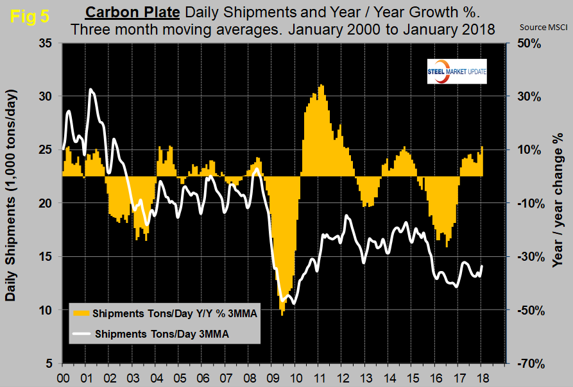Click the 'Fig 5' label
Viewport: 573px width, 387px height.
pos(30,17)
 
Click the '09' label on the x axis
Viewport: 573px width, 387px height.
pos(271,377)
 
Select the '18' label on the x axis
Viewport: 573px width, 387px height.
pos(482,377)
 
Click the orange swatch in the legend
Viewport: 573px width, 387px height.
pos(81,314)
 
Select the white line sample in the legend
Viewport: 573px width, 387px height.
pos(81,333)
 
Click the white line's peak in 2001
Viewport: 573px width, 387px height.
pos(91,89)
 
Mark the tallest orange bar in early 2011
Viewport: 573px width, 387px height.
pos(321,86)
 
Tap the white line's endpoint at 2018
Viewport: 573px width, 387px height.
pos(483,266)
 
